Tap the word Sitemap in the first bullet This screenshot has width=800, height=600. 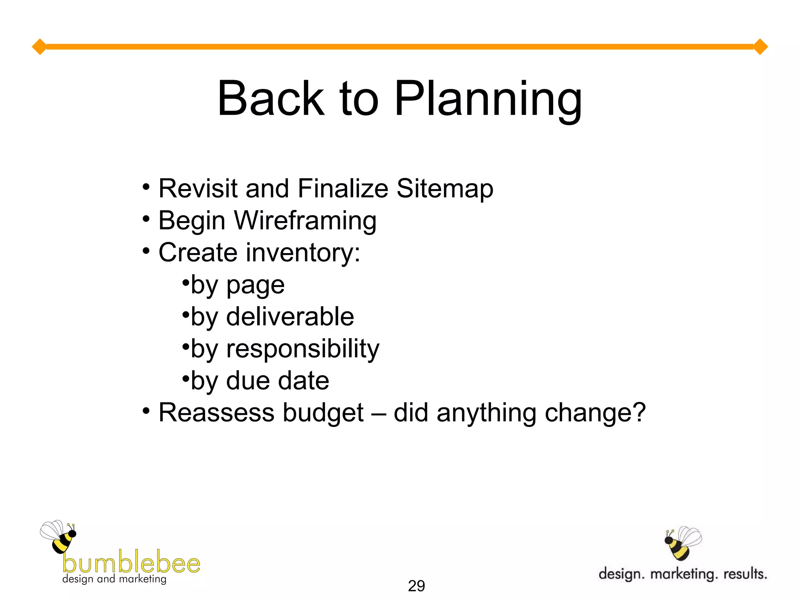pyautogui.click(x=445, y=189)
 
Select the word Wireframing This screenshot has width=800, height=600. pyautogui.click(x=305, y=221)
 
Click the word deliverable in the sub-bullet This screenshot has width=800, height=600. pyautogui.click(x=290, y=316)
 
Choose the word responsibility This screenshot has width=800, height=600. pyautogui.click(x=303, y=349)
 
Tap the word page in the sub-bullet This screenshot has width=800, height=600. pyautogui.click(x=255, y=286)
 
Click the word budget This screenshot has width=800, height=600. pyautogui.click(x=323, y=413)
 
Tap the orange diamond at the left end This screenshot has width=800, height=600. pyautogui.click(x=39, y=47)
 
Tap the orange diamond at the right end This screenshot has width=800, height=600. pyautogui.click(x=760, y=47)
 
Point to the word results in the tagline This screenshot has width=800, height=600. pyautogui.click(x=745, y=574)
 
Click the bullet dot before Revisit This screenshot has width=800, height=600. pyautogui.click(x=146, y=187)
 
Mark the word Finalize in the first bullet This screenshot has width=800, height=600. pyautogui.click(x=343, y=189)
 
